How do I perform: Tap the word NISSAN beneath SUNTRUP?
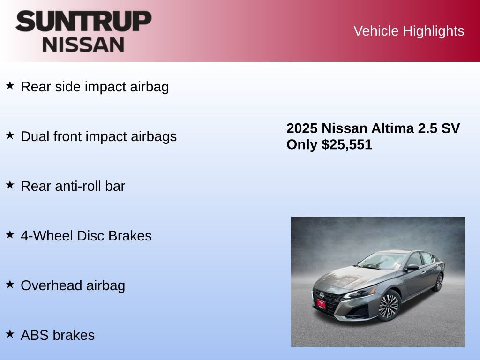pos(83,45)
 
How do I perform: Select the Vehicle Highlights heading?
pos(409,31)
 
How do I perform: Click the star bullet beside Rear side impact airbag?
pos(10,85)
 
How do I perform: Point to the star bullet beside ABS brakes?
pos(10,334)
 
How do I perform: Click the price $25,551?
pos(346,144)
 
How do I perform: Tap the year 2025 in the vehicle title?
pos(302,128)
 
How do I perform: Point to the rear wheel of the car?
pos(439,282)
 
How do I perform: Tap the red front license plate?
pos(321,304)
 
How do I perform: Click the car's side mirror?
pos(412,268)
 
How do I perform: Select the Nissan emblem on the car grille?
pos(322,295)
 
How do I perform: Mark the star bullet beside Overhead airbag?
pos(10,284)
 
